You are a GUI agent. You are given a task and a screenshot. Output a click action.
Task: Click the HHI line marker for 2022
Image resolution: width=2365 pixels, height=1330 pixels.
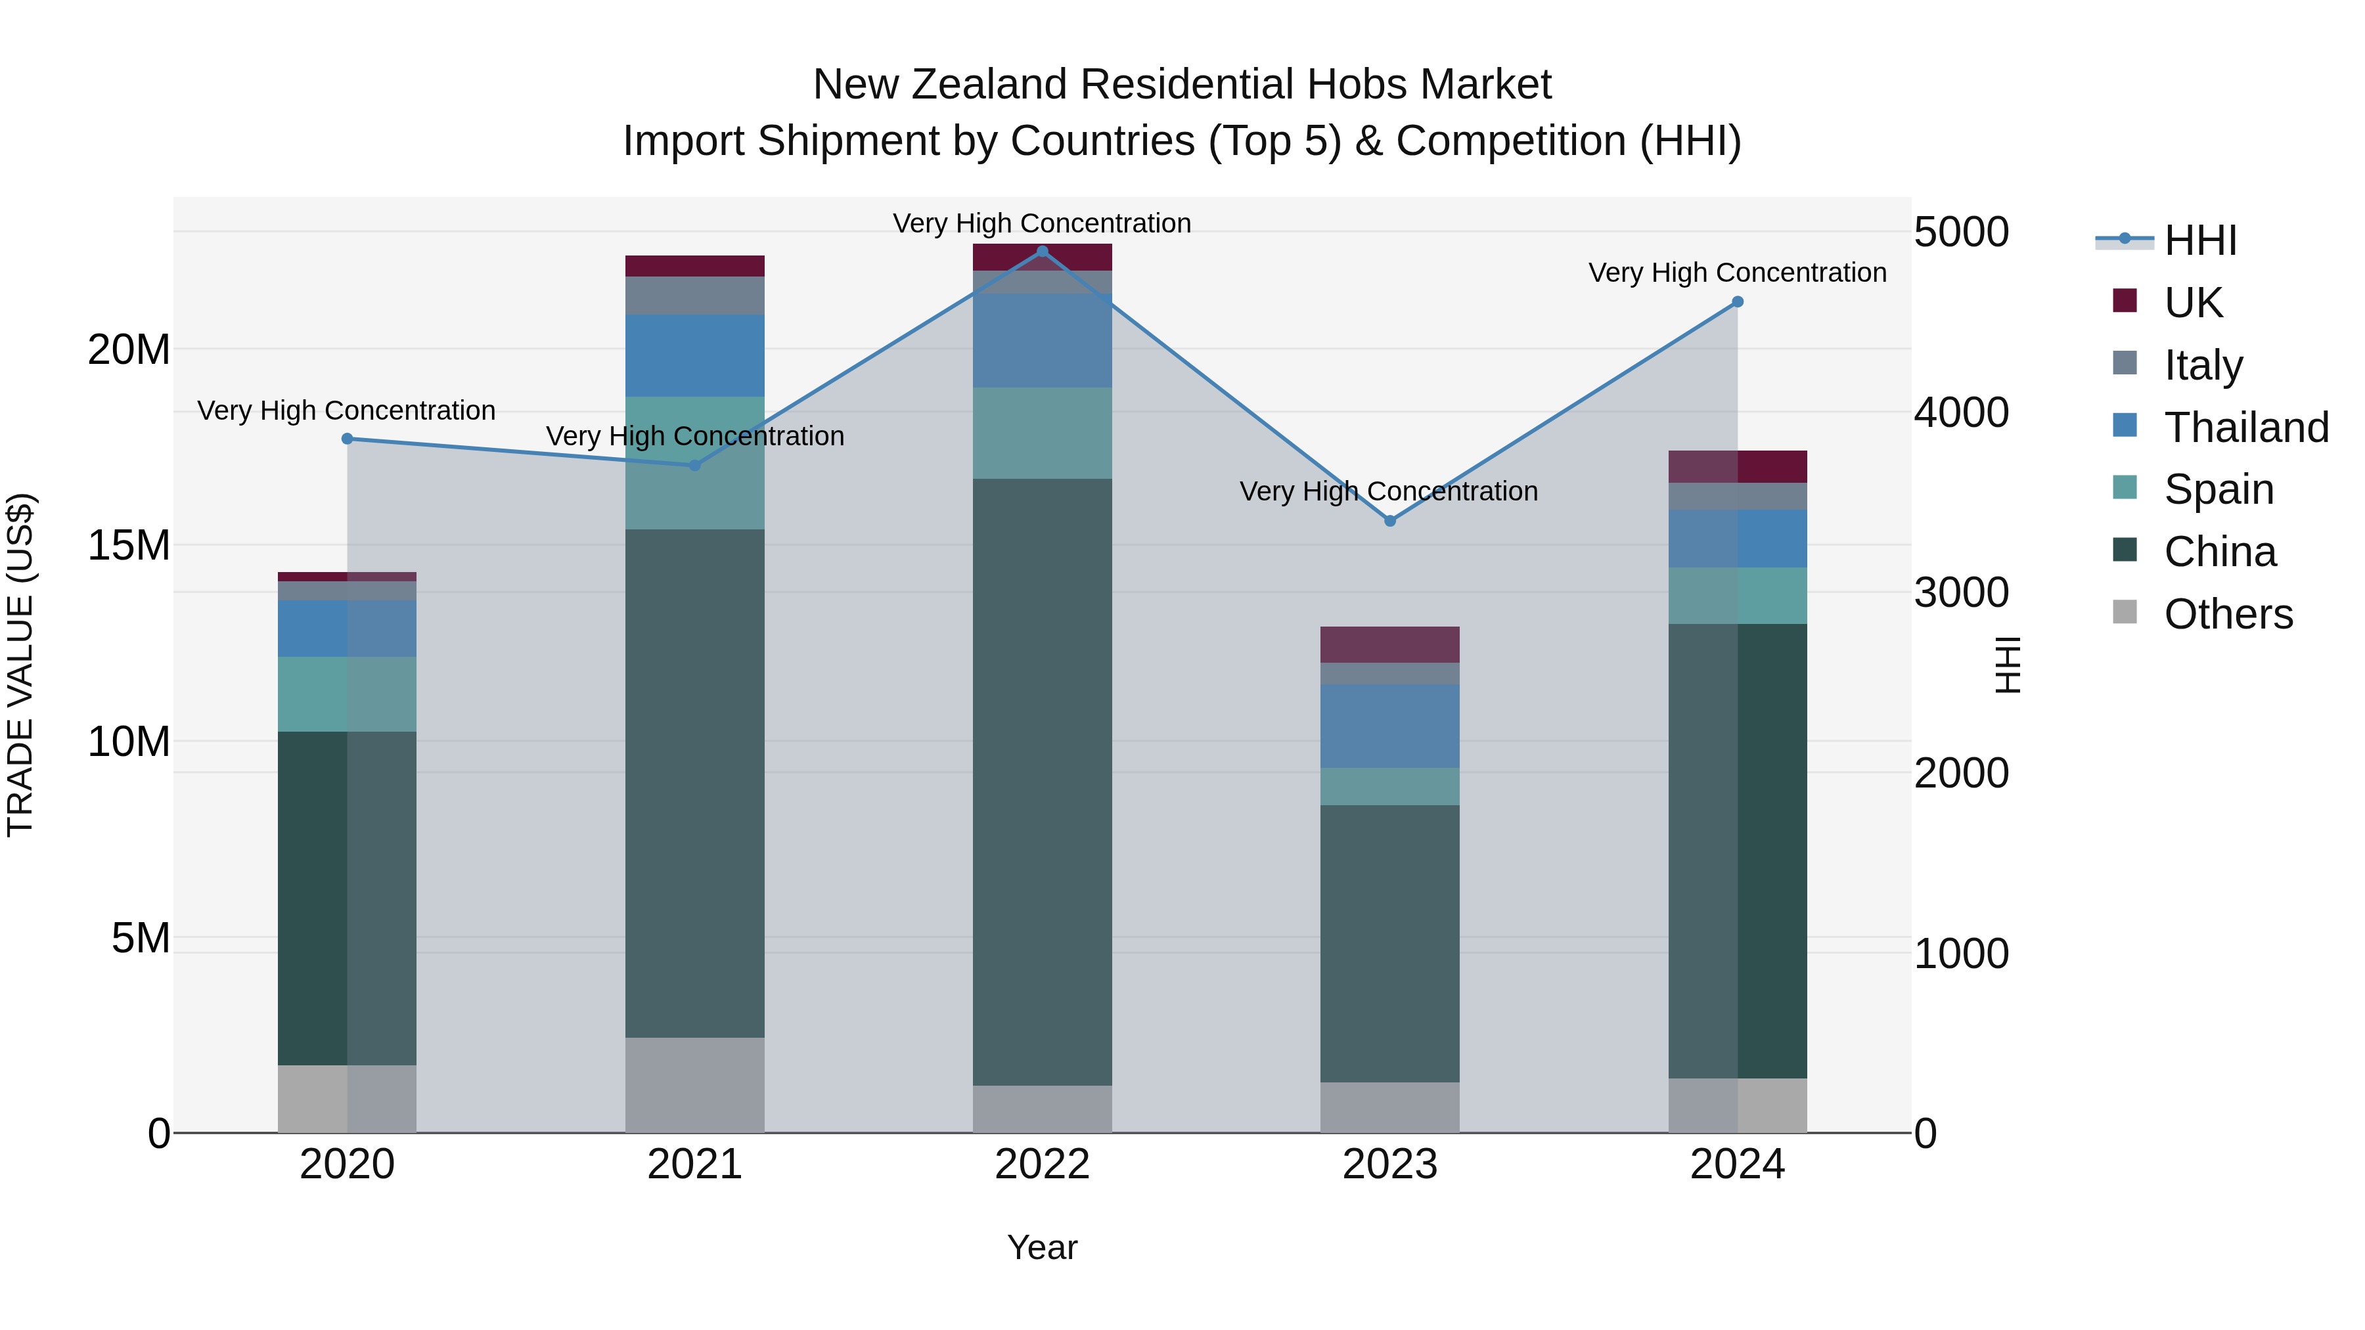pyautogui.click(x=1042, y=252)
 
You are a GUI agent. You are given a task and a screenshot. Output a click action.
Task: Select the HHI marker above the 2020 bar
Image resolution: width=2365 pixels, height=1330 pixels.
pyautogui.click(x=347, y=439)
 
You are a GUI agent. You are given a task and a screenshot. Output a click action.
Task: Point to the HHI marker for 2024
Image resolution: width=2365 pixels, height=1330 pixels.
pyautogui.click(x=1737, y=302)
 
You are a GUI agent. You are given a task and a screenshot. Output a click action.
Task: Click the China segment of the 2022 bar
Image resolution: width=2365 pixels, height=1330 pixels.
pyautogui.click(x=1042, y=780)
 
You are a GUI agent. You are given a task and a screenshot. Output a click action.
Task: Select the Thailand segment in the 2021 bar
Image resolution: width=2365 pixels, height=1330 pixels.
pyautogui.click(x=694, y=355)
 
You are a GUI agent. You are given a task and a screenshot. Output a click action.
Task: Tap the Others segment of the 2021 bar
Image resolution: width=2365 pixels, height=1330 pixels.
pyautogui.click(x=694, y=1085)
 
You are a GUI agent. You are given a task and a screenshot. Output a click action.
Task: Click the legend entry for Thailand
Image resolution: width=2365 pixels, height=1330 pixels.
pyautogui.click(x=2245, y=427)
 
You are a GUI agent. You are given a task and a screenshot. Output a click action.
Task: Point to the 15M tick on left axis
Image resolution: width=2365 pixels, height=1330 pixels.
pyautogui.click(x=129, y=545)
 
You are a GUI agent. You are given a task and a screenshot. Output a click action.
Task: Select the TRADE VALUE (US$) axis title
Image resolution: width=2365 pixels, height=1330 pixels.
pyautogui.click(x=20, y=665)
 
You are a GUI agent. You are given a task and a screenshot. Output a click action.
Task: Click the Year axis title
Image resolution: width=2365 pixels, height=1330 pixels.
pyautogui.click(x=1042, y=1247)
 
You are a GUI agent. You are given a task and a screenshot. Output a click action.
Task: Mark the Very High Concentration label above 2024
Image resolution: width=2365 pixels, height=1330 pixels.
pyautogui.click(x=1737, y=273)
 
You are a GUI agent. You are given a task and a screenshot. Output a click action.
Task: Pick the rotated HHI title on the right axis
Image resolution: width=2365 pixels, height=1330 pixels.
pyautogui.click(x=2008, y=665)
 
